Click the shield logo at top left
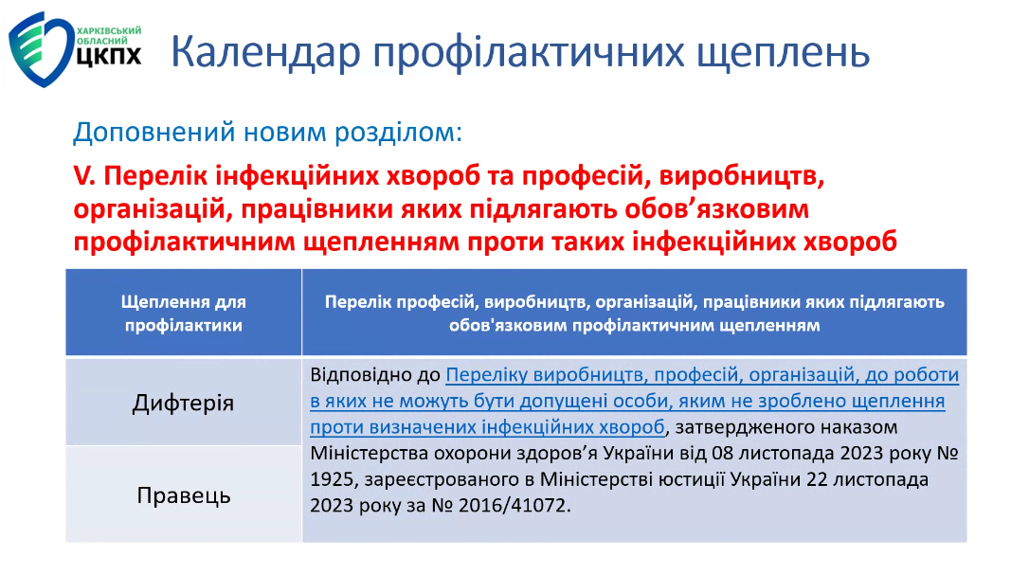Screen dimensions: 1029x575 [41, 48]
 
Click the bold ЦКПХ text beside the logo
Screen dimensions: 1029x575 [109, 56]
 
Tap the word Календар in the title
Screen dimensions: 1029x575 [266, 52]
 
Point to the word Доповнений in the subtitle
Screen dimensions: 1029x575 [154, 133]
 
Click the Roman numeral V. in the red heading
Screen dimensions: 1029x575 [84, 176]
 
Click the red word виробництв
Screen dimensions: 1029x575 [741, 176]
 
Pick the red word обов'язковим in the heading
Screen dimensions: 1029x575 [716, 208]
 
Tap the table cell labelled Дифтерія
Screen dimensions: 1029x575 [183, 403]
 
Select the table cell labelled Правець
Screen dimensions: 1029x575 [183, 494]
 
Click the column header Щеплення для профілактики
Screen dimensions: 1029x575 [183, 314]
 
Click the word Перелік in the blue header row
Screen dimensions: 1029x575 [362, 302]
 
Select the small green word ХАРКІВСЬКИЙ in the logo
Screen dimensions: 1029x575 [109, 31]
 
